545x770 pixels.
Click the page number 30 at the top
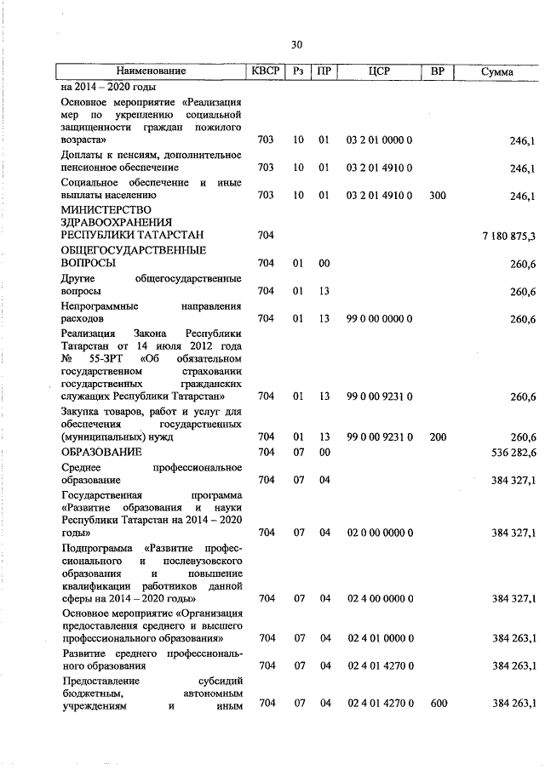tap(296, 44)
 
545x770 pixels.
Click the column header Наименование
tap(151, 71)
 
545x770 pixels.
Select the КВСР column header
tap(267, 71)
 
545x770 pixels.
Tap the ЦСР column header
tap(380, 71)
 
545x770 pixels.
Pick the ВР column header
tap(438, 71)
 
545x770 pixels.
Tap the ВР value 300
tap(438, 196)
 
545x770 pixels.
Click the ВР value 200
tap(438, 436)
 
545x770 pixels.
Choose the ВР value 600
tap(438, 704)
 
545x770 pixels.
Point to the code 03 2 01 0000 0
tap(380, 138)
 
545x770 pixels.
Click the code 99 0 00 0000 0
tap(380, 318)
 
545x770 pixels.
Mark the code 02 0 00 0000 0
tap(380, 533)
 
